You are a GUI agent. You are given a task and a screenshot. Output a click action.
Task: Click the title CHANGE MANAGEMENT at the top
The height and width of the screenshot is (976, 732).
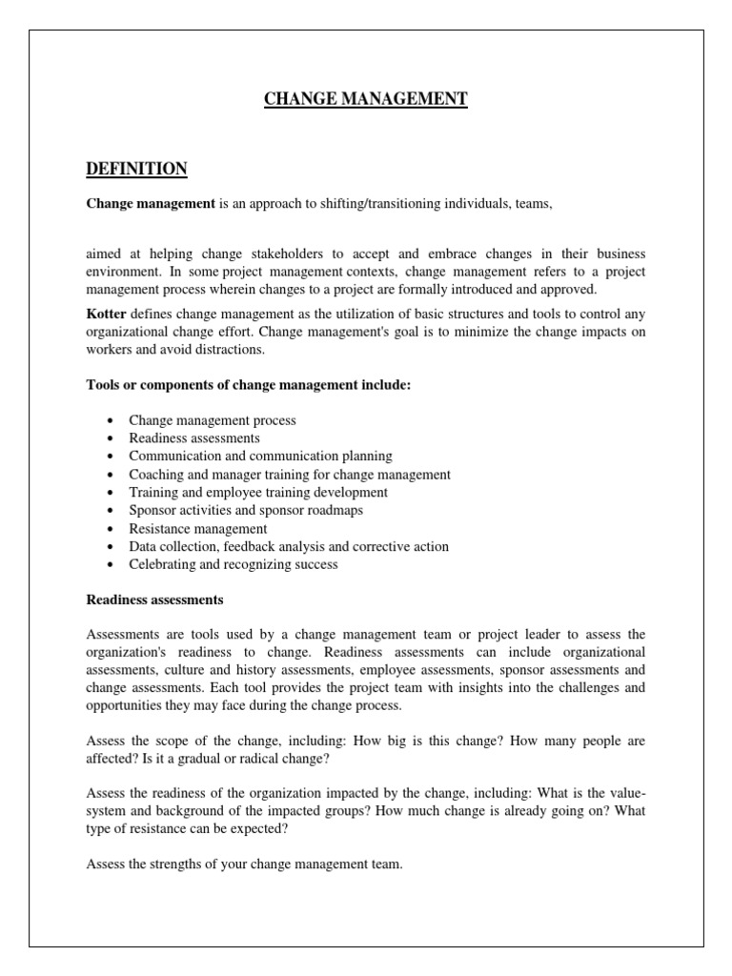[x=366, y=98]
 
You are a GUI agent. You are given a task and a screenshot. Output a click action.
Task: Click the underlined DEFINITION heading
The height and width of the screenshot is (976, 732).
[x=136, y=169]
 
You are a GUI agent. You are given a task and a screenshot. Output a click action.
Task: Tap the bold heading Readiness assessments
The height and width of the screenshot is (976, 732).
[x=155, y=600]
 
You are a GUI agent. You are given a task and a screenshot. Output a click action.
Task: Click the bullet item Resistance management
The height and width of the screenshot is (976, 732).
[x=198, y=528]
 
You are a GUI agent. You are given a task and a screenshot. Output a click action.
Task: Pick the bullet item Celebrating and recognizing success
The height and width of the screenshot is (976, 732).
[x=234, y=564]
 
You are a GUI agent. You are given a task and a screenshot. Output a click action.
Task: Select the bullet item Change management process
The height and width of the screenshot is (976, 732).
[x=213, y=419]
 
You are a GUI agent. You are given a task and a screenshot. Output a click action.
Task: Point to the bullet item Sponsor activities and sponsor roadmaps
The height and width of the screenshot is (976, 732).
[x=246, y=510]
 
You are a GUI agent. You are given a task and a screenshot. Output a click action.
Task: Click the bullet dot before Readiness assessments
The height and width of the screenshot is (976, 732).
[x=112, y=438]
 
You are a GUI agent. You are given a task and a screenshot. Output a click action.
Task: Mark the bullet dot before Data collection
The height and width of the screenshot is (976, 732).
[x=112, y=547]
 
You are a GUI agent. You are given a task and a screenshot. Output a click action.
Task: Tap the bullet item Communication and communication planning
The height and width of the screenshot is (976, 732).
[x=260, y=456]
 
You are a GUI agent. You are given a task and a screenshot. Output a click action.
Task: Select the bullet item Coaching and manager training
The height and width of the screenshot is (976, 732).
[x=290, y=474]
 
